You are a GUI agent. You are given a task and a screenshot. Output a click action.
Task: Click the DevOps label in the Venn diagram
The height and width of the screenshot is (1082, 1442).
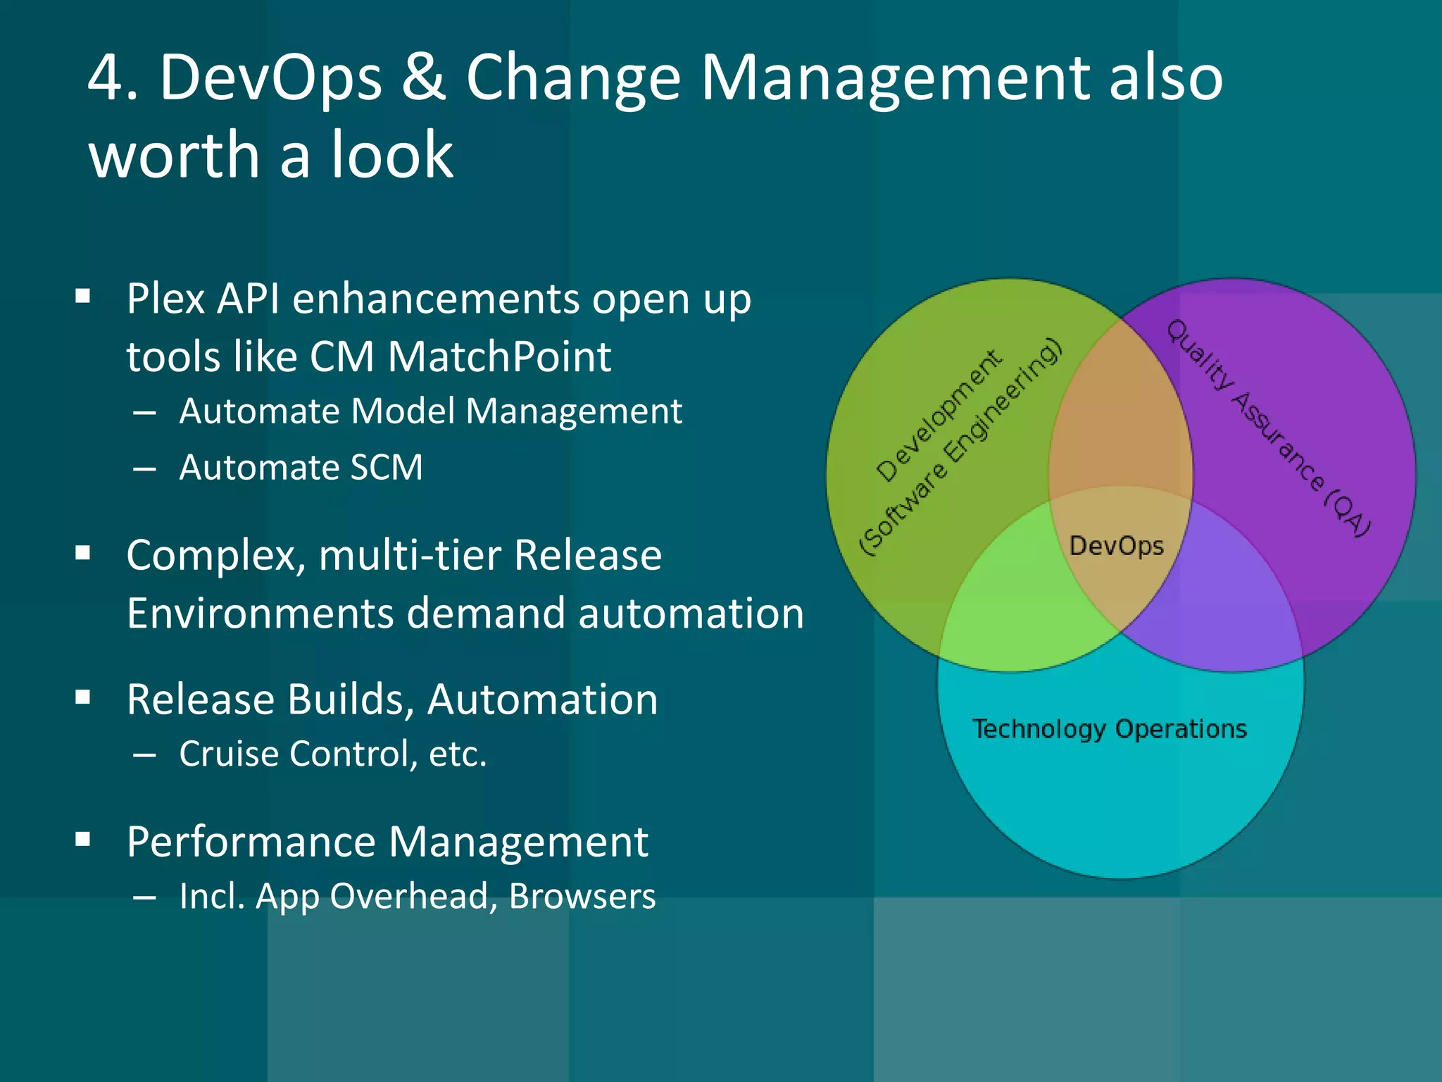pos(1116,546)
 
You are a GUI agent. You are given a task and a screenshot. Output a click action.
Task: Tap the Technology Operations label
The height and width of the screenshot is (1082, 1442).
pos(1110,729)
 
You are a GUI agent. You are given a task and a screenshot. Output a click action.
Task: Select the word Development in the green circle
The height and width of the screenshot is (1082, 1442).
pos(939,416)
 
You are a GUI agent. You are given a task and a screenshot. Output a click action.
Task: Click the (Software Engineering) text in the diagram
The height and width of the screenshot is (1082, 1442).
pos(961,447)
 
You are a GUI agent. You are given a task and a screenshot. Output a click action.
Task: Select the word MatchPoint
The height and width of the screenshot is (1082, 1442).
pos(499,356)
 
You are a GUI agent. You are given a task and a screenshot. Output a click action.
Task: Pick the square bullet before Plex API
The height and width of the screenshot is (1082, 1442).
pos(83,297)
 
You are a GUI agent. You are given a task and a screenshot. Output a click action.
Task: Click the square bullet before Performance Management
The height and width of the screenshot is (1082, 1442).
pos(83,839)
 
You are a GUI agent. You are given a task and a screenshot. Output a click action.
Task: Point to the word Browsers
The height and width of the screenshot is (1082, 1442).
pos(582,897)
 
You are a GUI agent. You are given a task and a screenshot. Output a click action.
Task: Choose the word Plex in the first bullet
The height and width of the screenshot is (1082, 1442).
pos(166,299)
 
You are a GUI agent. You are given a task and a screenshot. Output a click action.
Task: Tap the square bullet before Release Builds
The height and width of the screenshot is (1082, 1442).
pos(83,697)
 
